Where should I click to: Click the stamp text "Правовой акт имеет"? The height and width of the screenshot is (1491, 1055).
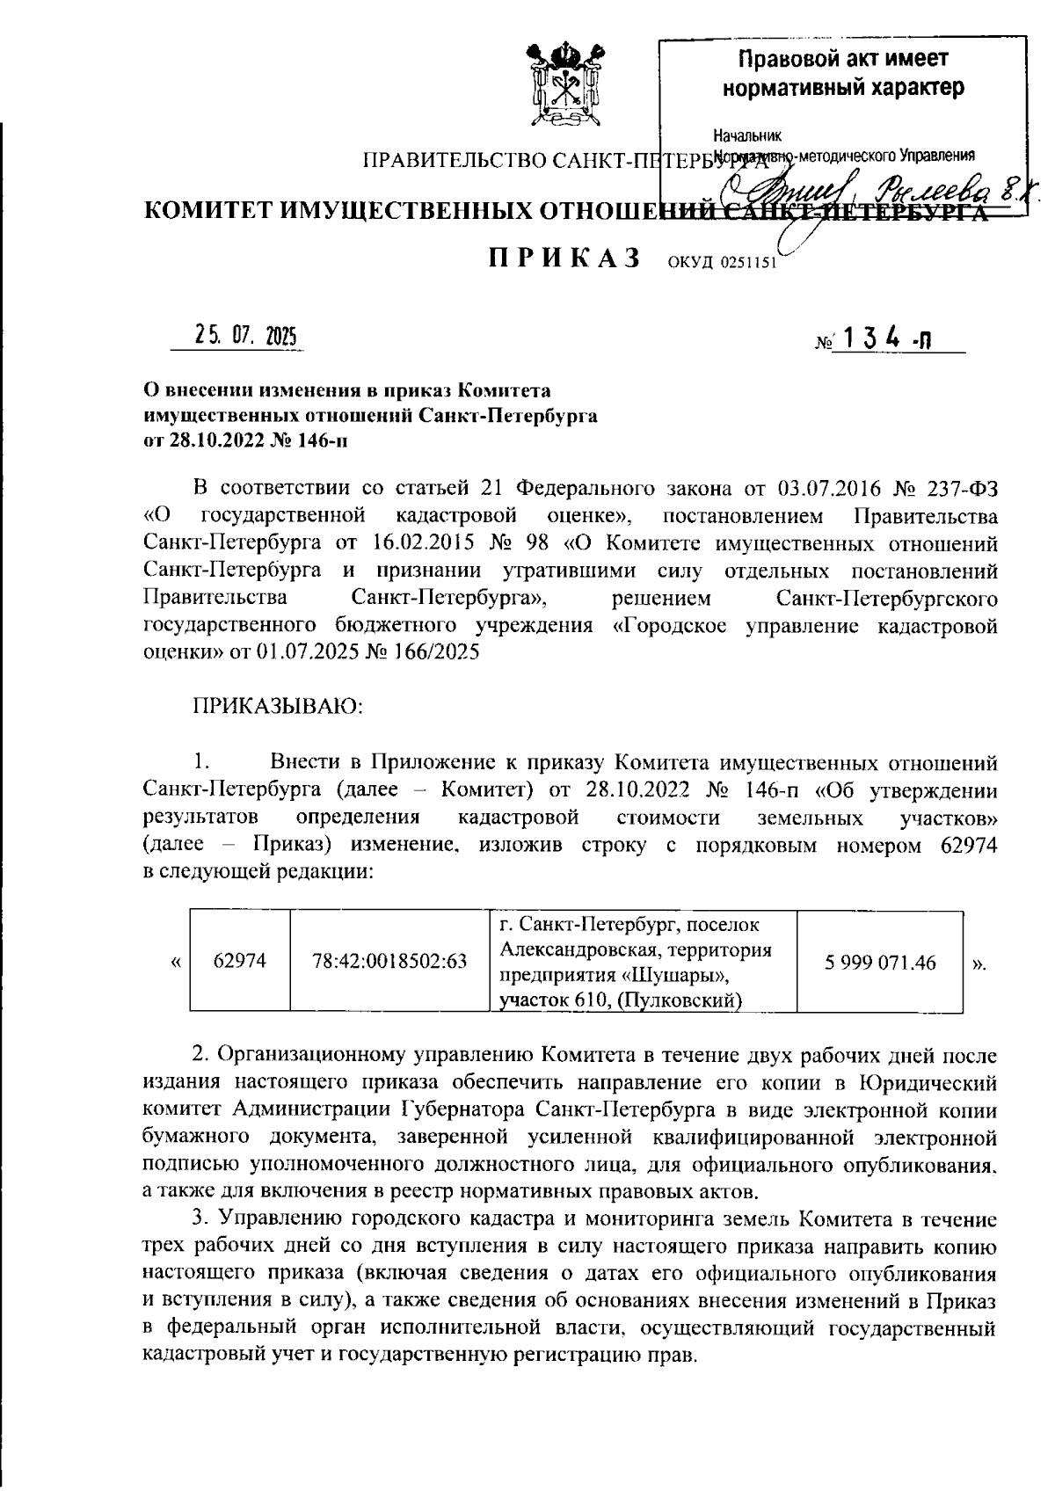coord(842,60)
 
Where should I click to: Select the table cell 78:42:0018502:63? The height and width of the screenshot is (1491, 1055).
coord(389,962)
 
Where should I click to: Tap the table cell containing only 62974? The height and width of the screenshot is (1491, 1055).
coord(240,962)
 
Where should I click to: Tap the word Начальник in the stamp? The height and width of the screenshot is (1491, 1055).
coord(746,137)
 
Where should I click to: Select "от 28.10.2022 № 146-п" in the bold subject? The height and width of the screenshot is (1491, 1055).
coord(245,441)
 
